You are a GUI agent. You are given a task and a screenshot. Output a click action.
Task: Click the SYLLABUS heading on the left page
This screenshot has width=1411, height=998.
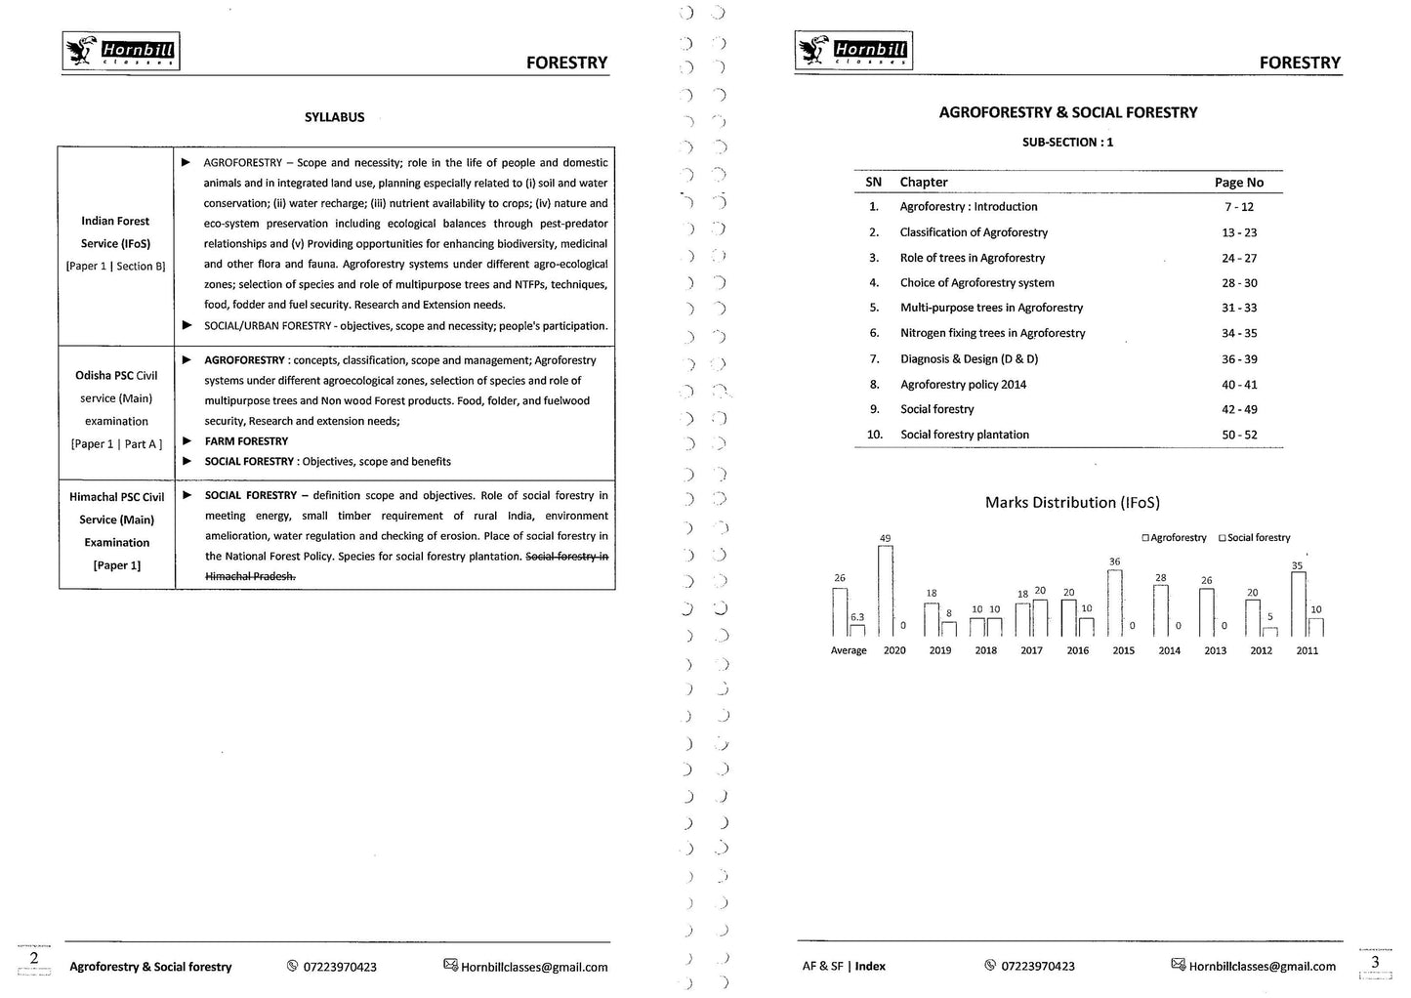(x=334, y=117)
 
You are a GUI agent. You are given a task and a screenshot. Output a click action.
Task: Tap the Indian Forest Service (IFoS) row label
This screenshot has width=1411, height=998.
(x=115, y=232)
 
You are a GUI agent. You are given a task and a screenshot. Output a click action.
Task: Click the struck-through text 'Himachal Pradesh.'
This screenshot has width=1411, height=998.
(x=250, y=576)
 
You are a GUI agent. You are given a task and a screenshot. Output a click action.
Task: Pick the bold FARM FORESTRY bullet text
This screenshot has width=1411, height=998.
(x=246, y=441)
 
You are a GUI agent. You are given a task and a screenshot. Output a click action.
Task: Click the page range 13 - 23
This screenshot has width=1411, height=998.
(x=1239, y=232)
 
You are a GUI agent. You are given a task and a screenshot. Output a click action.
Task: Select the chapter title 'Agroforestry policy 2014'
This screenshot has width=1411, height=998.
(x=963, y=385)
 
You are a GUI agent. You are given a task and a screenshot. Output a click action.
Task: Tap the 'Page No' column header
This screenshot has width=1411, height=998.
(x=1238, y=183)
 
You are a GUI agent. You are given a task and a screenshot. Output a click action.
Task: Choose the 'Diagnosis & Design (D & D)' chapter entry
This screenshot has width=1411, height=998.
(x=969, y=359)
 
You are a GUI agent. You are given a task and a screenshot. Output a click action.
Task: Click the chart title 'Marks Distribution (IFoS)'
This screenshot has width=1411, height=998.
(x=1072, y=503)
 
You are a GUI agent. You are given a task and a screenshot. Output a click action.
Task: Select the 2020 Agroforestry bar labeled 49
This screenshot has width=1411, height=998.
(x=885, y=591)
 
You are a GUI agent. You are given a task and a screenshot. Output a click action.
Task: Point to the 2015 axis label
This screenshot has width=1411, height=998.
(x=1123, y=650)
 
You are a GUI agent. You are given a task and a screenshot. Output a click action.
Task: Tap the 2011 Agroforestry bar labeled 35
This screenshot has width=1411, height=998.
(x=1298, y=603)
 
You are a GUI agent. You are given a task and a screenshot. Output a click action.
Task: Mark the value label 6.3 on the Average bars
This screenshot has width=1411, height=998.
(x=857, y=617)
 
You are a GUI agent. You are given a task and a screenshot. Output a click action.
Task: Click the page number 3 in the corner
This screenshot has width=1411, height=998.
(x=1375, y=961)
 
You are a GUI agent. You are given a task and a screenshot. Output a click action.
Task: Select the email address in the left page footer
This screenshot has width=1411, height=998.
(x=533, y=967)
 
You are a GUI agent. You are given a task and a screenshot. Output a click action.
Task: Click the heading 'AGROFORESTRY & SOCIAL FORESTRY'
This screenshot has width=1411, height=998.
(x=1067, y=113)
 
